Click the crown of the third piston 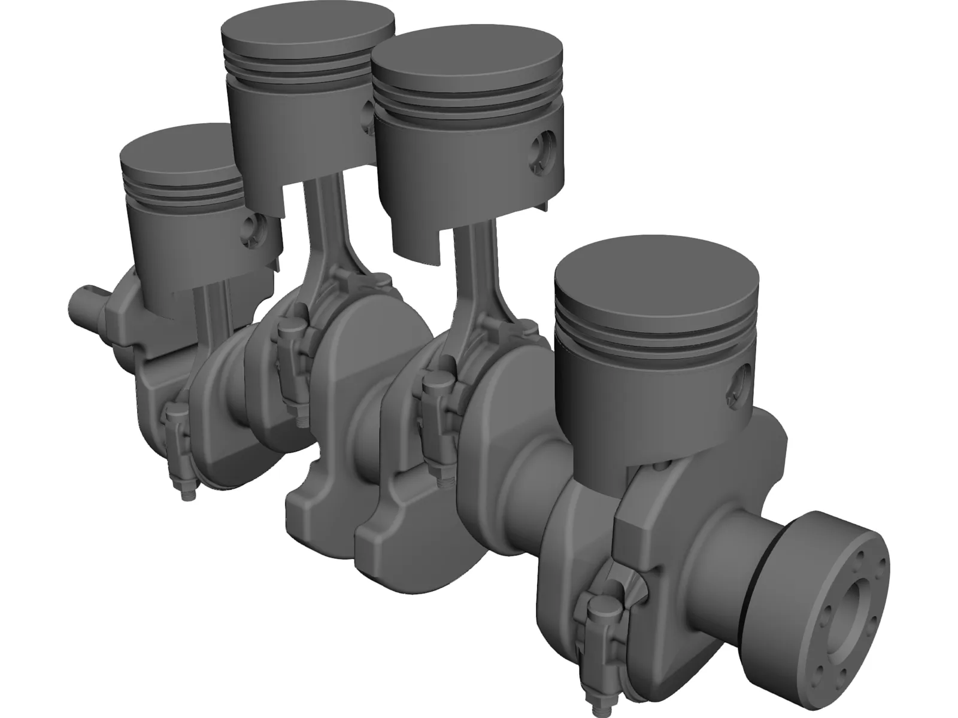point(467,57)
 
